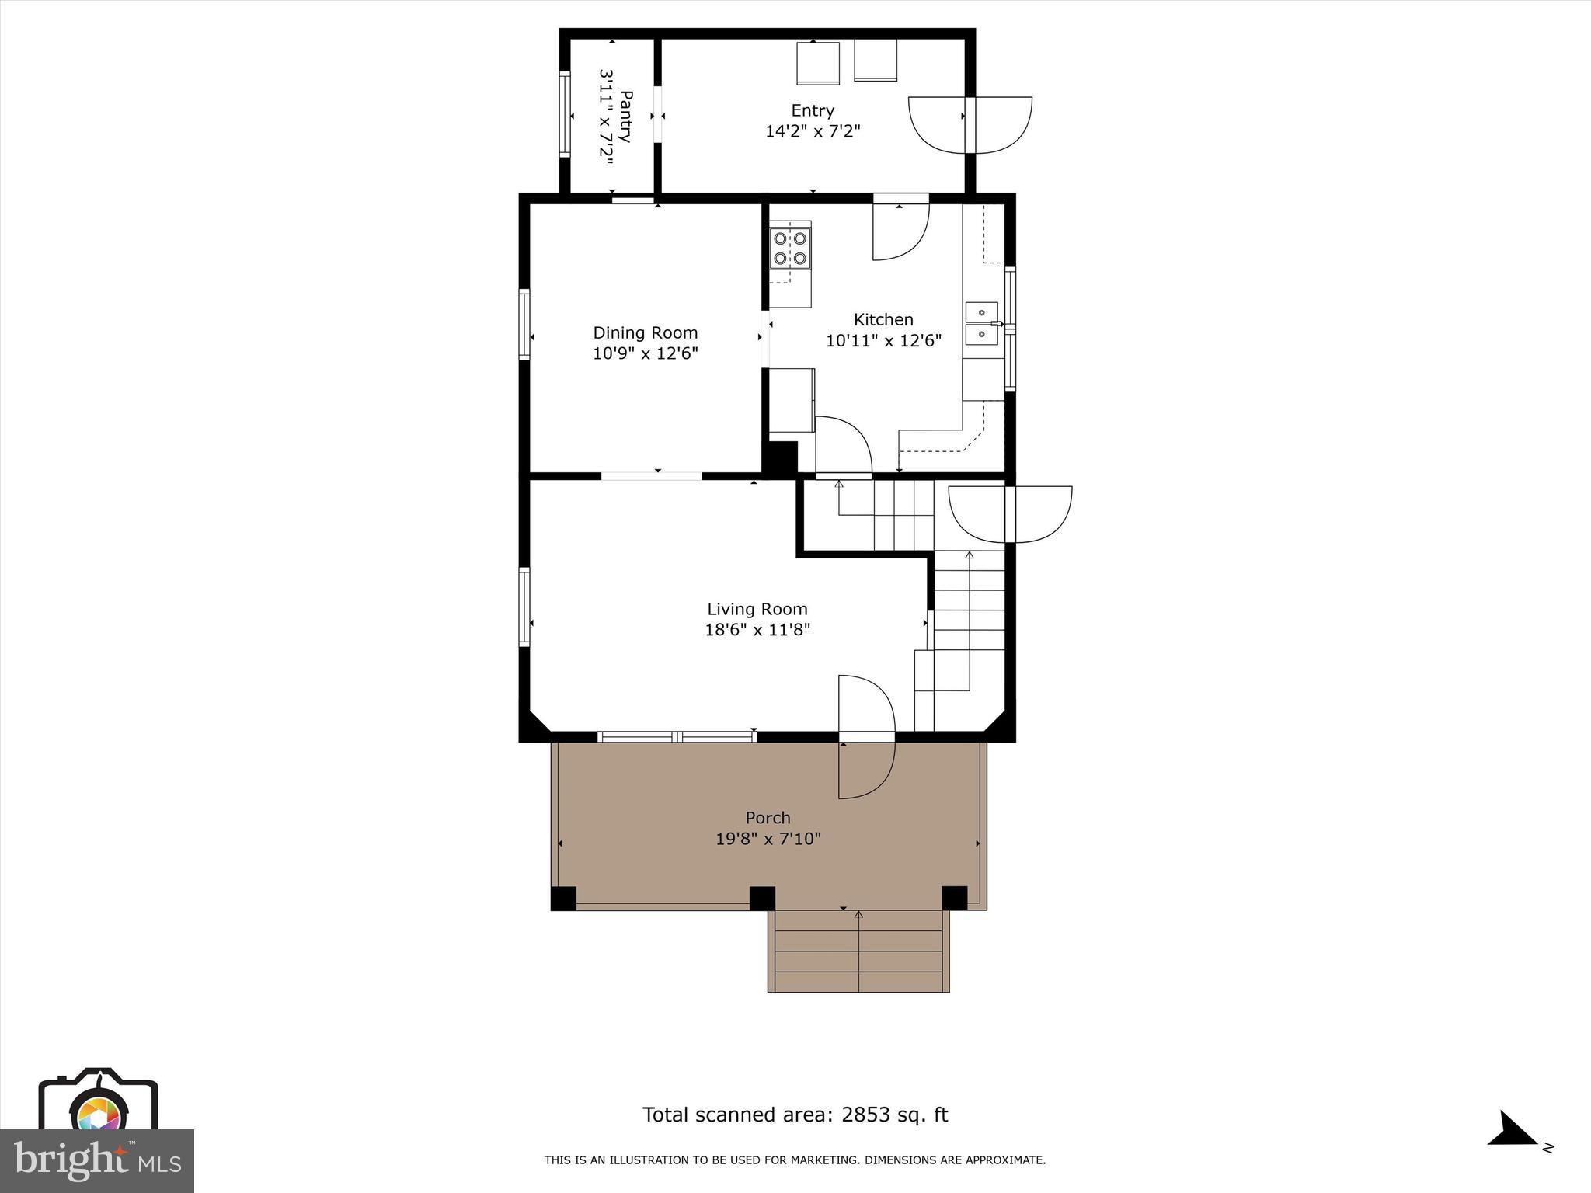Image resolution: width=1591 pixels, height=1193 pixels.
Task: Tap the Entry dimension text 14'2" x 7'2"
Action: [x=813, y=131]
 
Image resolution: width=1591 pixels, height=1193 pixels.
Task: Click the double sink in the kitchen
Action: [x=981, y=323]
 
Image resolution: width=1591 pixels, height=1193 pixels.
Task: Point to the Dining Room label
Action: [x=645, y=332]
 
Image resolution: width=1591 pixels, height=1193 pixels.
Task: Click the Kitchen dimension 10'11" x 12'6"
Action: [x=883, y=340]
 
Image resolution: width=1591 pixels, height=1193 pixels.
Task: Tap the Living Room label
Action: [x=757, y=609]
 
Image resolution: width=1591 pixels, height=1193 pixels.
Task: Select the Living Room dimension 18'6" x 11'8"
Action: [x=757, y=630]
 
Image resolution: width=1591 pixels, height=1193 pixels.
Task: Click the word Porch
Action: [x=768, y=818]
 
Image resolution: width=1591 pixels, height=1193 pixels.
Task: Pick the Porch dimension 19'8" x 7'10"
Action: [x=768, y=839]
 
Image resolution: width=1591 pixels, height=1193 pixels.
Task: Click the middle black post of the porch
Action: [x=762, y=898]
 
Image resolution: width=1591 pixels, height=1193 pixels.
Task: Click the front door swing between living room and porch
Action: [x=866, y=736]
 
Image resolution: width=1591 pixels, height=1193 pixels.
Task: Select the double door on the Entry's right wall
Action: [x=970, y=124]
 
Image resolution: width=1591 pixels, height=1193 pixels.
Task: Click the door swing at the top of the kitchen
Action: [x=900, y=229]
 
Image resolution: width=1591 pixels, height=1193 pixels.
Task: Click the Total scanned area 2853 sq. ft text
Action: [x=795, y=1115]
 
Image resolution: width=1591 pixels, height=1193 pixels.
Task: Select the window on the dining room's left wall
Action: [x=524, y=324]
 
